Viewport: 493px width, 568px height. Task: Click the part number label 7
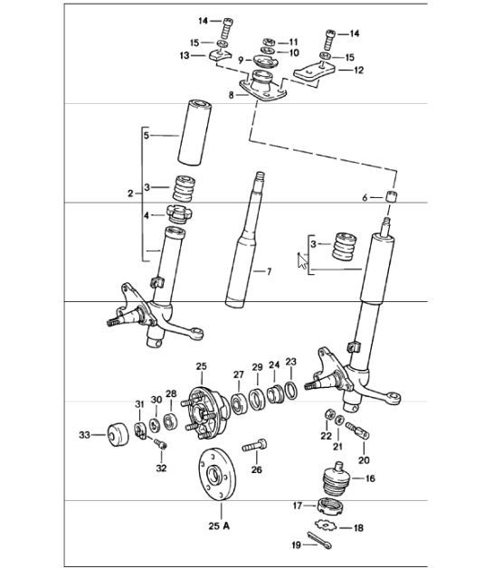tap(268, 270)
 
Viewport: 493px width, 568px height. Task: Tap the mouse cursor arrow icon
tap(302, 262)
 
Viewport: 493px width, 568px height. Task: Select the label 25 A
tap(219, 524)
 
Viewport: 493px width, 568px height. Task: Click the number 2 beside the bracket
tap(130, 194)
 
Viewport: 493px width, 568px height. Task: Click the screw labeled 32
tap(161, 444)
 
